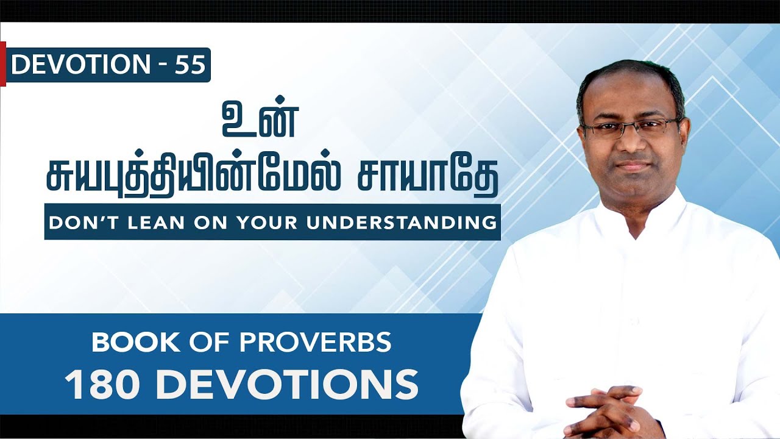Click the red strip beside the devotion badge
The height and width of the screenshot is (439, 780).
pos(2,64)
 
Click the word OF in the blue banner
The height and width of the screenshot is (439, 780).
pos(214,343)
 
